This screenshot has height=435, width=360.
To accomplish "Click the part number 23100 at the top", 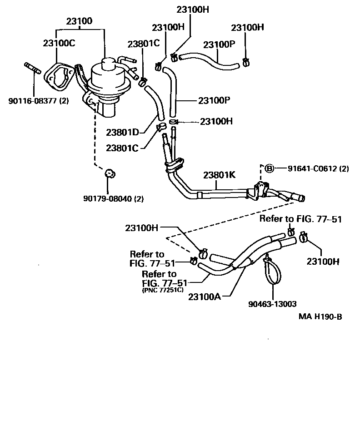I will pos(80,21).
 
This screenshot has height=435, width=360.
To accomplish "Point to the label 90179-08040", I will pos(107,198).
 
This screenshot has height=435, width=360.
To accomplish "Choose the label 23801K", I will pos(220,175).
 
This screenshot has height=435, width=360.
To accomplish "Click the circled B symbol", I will pos(269,168).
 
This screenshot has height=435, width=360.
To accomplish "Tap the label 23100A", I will pos(205,297).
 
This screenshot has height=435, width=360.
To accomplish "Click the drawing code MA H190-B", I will pos(320,316).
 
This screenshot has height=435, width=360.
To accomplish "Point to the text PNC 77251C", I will pos(162,289).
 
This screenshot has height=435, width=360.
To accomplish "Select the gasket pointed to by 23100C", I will pos(59,75).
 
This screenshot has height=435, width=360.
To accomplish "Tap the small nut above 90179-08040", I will pos(109,173).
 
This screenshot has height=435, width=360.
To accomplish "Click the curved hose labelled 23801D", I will pos(154,104).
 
